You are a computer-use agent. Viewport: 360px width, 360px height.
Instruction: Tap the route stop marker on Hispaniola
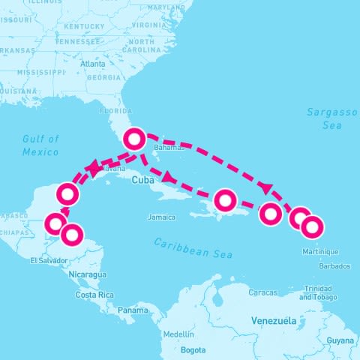click(226, 200)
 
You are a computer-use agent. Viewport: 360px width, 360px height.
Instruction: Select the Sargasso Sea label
click(332, 119)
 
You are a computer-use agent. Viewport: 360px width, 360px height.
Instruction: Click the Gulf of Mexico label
click(40, 145)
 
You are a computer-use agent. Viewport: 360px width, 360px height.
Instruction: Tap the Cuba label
click(142, 181)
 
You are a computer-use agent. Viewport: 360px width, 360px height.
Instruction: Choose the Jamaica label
click(161, 217)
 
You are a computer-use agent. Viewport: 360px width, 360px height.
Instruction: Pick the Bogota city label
click(193, 350)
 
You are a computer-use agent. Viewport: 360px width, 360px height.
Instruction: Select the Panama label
click(133, 310)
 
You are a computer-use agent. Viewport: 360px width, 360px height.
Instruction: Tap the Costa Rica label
click(94, 295)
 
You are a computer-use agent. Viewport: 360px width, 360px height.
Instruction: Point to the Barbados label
click(334, 266)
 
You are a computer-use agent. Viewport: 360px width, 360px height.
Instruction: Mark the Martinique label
click(320, 251)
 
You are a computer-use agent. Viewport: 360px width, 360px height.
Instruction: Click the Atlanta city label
click(93, 64)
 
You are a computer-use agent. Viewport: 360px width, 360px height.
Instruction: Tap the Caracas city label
click(262, 292)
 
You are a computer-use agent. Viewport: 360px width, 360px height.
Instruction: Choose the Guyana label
click(341, 341)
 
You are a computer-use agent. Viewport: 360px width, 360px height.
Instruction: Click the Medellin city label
click(178, 334)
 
